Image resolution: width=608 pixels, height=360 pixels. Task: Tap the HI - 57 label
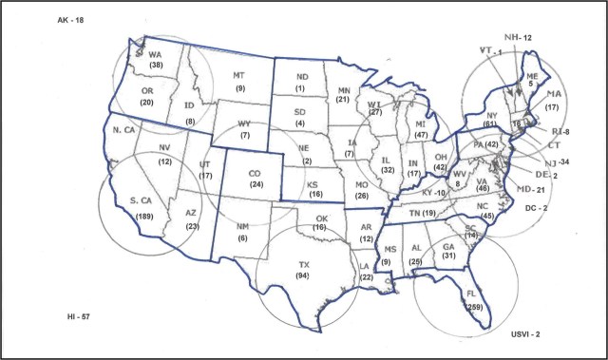(x=41, y=313)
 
